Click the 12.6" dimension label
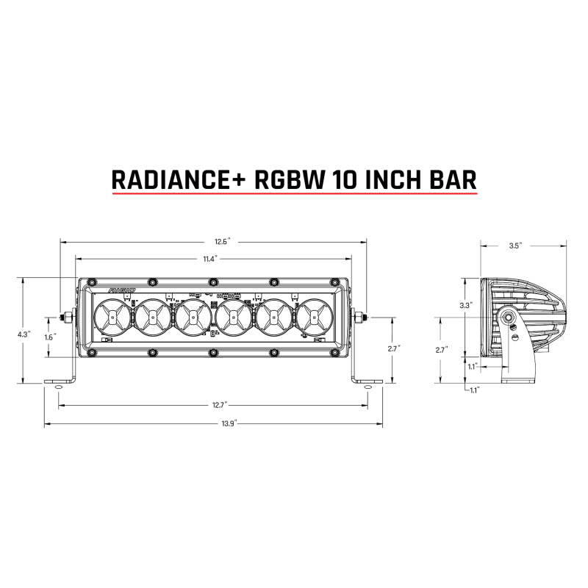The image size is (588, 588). pyautogui.click(x=213, y=242)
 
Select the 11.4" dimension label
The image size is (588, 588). pyautogui.click(x=213, y=259)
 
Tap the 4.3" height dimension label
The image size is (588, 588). pyautogui.click(x=24, y=333)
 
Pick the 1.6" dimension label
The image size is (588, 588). pyautogui.click(x=50, y=337)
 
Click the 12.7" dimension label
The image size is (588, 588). pyautogui.click(x=213, y=405)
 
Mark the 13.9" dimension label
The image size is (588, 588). pyautogui.click(x=213, y=424)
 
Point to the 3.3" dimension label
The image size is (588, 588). pyautogui.click(x=465, y=304)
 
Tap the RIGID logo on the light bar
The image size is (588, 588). pyautogui.click(x=121, y=292)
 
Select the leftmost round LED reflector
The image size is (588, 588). pyautogui.click(x=112, y=318)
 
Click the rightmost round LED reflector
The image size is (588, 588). pyautogui.click(x=315, y=318)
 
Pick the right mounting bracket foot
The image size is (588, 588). pyautogui.click(x=365, y=381)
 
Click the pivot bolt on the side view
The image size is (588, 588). pyautogui.click(x=509, y=318)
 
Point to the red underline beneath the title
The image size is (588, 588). pyautogui.click(x=294, y=194)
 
